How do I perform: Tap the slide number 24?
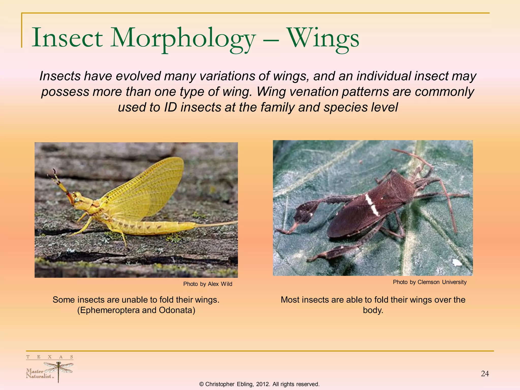click(485, 373)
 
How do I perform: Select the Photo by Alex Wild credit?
click(208, 284)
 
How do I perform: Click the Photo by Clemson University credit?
click(430, 282)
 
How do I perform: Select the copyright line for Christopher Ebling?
click(259, 384)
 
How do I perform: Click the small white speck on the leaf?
click(457, 263)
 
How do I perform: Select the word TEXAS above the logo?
click(50, 357)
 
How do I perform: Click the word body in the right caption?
click(373, 310)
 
